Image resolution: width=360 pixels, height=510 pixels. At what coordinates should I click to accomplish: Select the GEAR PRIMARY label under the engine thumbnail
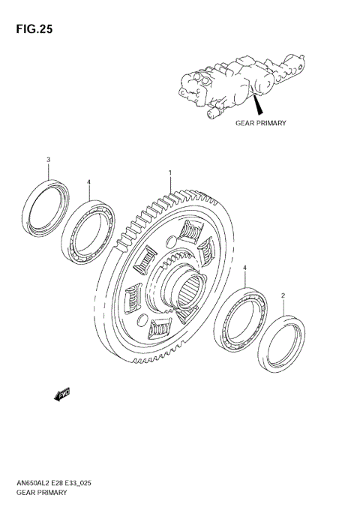(x=261, y=122)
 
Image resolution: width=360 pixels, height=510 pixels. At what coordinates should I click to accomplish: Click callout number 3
(x=49, y=160)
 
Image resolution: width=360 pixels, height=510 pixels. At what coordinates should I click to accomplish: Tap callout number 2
(x=283, y=295)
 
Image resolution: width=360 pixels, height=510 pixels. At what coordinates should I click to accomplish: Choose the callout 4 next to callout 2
(x=244, y=267)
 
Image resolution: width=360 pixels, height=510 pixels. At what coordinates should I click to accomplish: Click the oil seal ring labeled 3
(x=46, y=206)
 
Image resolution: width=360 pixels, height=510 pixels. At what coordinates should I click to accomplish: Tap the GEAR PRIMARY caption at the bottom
(x=41, y=493)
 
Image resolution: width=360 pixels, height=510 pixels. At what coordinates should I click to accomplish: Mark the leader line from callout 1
(x=170, y=184)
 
